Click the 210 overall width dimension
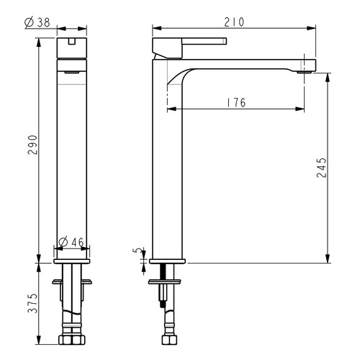(x=234, y=22)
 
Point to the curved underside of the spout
(x=180, y=76)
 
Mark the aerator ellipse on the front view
(x=71, y=73)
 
